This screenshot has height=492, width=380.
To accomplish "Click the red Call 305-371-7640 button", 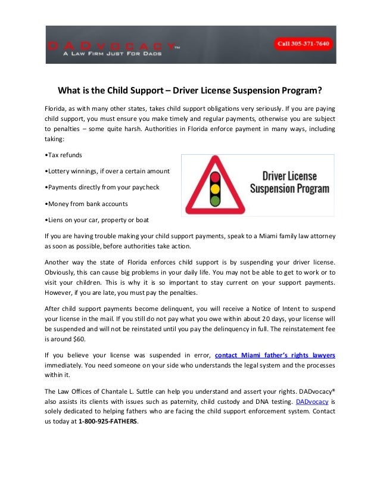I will (x=303, y=44).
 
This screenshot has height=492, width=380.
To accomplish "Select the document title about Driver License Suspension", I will (x=189, y=91).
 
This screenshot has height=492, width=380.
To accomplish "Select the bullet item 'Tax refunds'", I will (x=64, y=155).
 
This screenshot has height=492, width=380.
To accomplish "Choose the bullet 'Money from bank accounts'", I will (x=86, y=204).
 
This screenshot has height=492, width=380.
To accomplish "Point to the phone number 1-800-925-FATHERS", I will (x=108, y=422).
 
